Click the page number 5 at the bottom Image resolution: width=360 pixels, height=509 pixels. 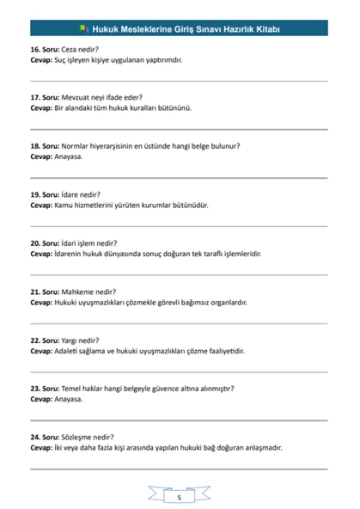coord(179,497)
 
